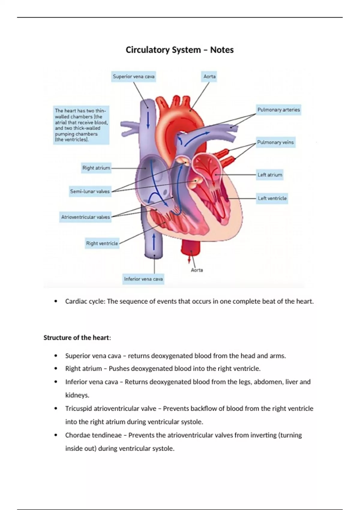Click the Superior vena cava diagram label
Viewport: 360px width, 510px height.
pos(134,77)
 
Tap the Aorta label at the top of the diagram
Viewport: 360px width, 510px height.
pos(209,77)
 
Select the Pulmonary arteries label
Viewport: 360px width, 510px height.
pos(278,110)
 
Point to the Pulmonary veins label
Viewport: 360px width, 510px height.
pos(275,142)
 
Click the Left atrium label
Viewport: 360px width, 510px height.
pos(270,175)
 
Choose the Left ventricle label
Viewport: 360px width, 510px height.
pos(272,198)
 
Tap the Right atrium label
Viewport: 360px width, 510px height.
pos(96,168)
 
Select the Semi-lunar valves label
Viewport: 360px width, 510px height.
pos(90,191)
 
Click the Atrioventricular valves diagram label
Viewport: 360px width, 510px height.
pos(86,217)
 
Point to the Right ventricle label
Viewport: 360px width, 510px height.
pos(102,243)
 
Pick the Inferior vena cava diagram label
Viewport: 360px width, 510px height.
pos(143,279)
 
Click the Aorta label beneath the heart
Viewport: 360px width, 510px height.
pos(197,270)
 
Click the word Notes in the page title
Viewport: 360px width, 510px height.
pos(222,50)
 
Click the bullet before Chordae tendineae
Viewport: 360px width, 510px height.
pos(55,435)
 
